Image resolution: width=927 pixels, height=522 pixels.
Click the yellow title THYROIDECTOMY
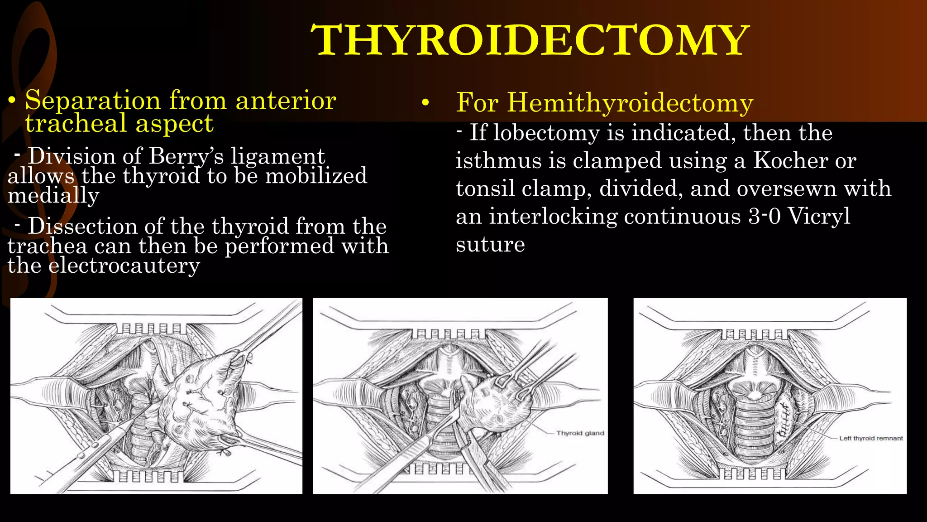coord(530,41)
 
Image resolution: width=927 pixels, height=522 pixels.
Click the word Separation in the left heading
coord(93,100)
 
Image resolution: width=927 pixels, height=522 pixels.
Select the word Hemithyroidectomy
coord(630,102)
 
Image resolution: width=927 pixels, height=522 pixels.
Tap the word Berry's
coord(186,156)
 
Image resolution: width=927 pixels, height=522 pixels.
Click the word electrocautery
coord(124,266)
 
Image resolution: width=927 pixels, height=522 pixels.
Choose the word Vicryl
coord(819,216)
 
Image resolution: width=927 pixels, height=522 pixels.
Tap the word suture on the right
coord(490,245)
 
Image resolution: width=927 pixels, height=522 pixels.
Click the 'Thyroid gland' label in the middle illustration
coord(580,433)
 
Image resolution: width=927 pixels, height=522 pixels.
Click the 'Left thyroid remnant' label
coord(871,438)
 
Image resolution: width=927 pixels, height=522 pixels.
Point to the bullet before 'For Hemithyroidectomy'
coord(425,103)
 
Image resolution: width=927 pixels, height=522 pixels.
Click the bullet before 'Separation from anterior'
coord(13,101)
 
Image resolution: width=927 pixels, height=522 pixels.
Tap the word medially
coord(53,195)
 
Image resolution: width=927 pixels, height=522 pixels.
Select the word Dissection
coord(82,226)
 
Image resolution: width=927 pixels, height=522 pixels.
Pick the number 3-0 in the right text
coord(765,216)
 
